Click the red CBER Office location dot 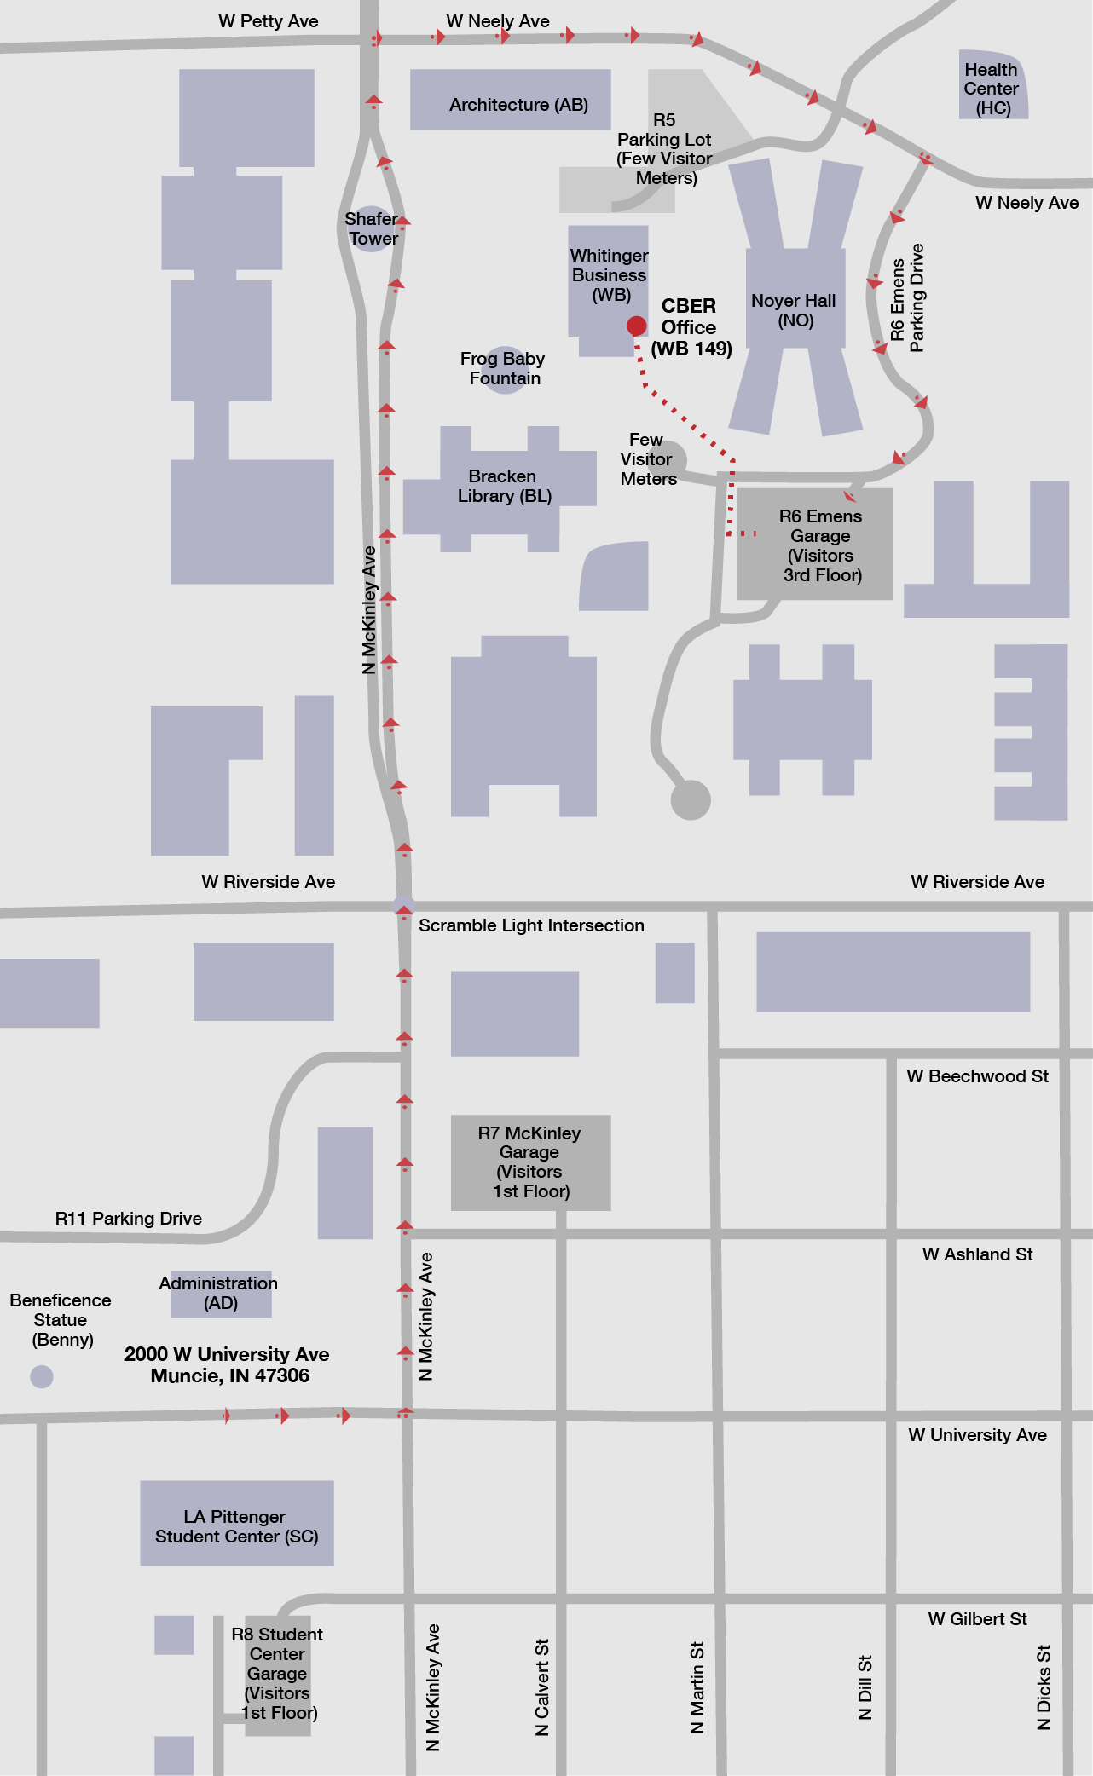coord(636,326)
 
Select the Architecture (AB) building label coord(518,105)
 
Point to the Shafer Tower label coord(372,228)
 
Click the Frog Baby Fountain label coord(503,368)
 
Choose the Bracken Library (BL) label coord(504,486)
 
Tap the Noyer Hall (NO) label coord(794,310)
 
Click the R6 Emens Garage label coord(820,545)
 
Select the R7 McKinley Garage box coord(530,1162)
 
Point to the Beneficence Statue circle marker coord(42,1376)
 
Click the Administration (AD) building coord(220,1293)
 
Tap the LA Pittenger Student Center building coord(236,1526)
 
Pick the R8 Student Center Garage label coord(278,1673)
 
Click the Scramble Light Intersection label coord(531,925)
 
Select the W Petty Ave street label coord(268,21)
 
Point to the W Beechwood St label coord(977,1076)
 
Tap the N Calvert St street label coord(542,1687)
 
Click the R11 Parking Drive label coord(129,1219)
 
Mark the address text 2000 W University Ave coord(227,1354)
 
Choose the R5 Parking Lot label coord(664,148)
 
